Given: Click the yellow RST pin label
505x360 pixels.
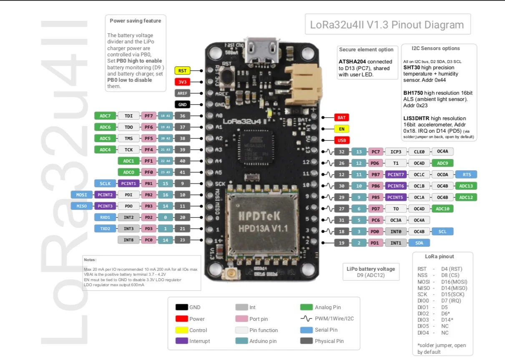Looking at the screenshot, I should pos(182,71).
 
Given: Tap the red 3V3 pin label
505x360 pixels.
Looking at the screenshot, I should pos(182,82).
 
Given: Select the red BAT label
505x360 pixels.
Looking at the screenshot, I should pos(342,118).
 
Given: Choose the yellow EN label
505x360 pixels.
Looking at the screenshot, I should pos(342,129).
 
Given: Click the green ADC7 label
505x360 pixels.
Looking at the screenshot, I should pos(105,116).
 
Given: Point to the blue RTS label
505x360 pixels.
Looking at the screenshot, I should pos(466,174).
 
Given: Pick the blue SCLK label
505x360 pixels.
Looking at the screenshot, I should pos(105,183).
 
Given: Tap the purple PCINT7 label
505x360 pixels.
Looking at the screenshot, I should pos(395,174).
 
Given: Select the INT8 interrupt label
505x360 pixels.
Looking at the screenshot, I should pos(128,240).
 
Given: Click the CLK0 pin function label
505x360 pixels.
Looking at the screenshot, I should pos(418,152).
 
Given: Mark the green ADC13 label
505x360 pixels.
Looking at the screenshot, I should pos(466,186).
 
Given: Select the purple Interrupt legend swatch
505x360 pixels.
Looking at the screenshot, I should pos(181,341).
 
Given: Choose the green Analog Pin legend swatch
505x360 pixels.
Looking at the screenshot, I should pos(307,307).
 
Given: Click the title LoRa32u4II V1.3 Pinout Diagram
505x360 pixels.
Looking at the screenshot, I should pos(387,25).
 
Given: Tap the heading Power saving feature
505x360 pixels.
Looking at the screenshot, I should pos(135,21).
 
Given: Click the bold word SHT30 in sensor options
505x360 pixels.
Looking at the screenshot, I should pos(411,68).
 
